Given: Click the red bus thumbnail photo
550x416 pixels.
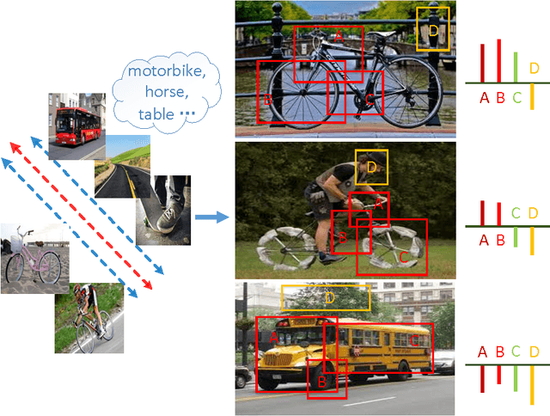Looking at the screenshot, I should pos(77,126).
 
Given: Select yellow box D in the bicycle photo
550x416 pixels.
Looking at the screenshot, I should pos(434,29).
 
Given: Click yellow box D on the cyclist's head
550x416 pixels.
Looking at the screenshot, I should pos(371,167).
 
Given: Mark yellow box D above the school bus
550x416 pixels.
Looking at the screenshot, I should pos(326,297).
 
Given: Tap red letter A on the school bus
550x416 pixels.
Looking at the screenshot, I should pos(274,338).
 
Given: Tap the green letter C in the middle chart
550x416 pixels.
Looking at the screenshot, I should pos(516,212).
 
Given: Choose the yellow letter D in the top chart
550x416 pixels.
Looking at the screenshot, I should pos(534,68).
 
